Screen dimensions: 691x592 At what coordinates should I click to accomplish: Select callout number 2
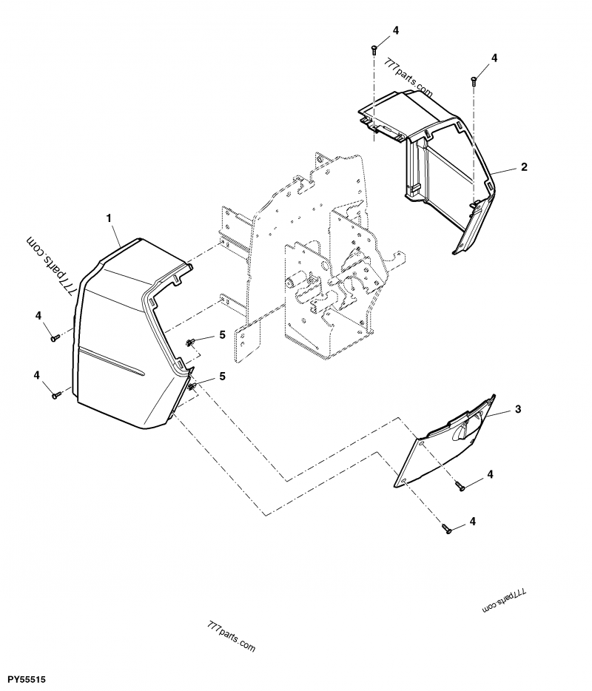[x=523, y=167]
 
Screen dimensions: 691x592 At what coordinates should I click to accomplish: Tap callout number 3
[x=518, y=409]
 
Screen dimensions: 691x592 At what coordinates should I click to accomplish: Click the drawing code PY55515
[x=27, y=678]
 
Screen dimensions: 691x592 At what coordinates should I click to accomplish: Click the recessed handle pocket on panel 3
[x=465, y=429]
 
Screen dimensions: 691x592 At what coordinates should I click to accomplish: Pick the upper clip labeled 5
[x=190, y=342]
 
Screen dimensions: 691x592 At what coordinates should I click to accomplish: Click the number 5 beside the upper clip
[x=221, y=335]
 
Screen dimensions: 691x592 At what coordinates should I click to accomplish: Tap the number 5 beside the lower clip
[x=221, y=377]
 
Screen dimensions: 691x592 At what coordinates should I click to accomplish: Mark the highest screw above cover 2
[x=374, y=50]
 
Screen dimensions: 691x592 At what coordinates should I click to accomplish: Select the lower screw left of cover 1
[x=56, y=396]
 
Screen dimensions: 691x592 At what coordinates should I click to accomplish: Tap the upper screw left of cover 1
[x=55, y=338]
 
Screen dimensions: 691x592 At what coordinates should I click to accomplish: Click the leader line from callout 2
[x=505, y=170]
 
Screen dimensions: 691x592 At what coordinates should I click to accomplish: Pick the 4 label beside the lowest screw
[x=473, y=521]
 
